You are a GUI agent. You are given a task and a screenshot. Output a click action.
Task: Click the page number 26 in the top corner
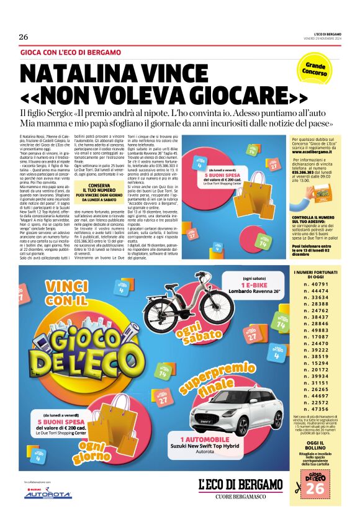pyautogui.click(x=24, y=37)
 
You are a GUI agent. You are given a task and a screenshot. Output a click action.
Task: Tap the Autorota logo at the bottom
pyautogui.click(x=48, y=495)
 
